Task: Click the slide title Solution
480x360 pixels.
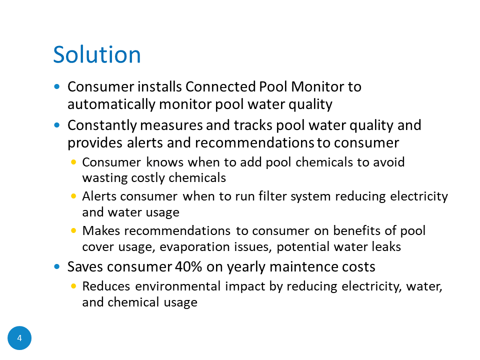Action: pos(96,54)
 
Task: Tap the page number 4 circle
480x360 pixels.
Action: pos(19,338)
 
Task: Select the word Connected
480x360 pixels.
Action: pos(220,86)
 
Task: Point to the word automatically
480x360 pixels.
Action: pos(111,104)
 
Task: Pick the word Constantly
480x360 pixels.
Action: pos(102,125)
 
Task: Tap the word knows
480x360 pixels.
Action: pos(164,162)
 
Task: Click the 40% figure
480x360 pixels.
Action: pos(188,266)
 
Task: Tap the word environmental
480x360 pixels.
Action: pos(178,286)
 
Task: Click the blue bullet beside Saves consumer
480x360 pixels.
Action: pos(56,266)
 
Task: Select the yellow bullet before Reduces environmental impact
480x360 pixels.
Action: pos(73,286)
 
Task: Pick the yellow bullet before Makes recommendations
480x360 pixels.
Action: pos(73,230)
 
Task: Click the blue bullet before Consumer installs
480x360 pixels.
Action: pos(56,86)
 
